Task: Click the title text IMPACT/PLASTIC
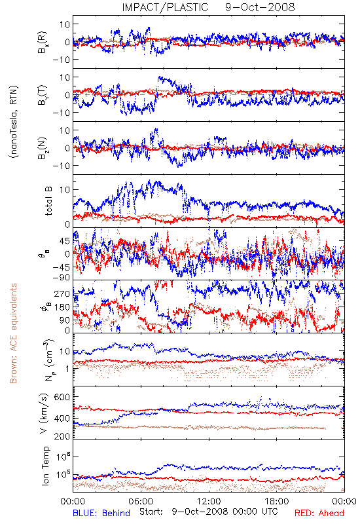(165, 7)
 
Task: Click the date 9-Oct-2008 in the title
(260, 7)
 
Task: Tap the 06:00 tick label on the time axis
(141, 501)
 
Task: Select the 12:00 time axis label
(209, 501)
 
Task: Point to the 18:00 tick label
(277, 501)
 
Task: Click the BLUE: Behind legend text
(101, 513)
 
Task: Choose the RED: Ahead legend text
(319, 513)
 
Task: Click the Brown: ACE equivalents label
(13, 333)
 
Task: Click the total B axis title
(48, 201)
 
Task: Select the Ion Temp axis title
(45, 466)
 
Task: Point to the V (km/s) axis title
(44, 413)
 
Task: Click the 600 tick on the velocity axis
(62, 397)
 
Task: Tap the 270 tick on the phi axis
(62, 293)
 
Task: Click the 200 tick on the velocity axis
(62, 436)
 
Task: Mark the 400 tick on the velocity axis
(62, 418)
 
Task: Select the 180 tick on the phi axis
(62, 307)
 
